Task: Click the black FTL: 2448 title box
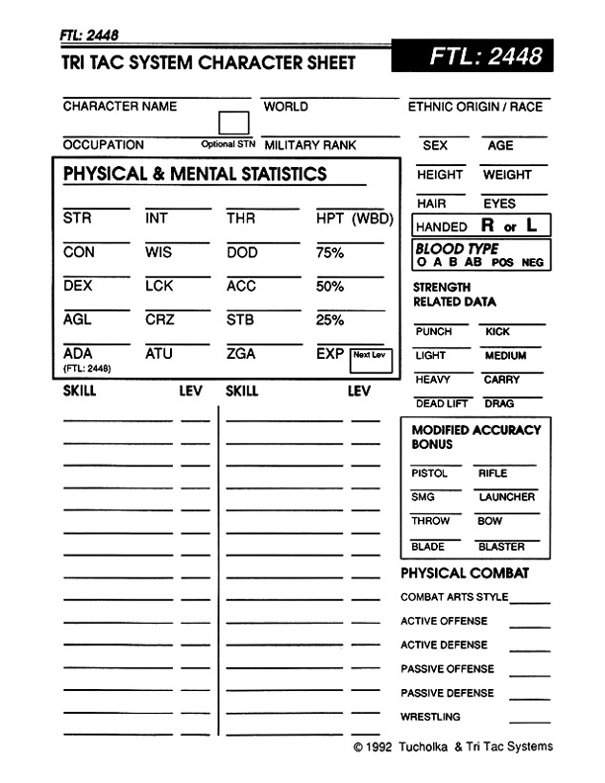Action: coord(485,56)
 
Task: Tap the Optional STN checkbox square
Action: coord(233,123)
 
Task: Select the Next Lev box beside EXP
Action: coord(372,360)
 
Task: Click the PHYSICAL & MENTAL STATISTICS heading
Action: coord(195,175)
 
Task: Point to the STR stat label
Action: coord(76,218)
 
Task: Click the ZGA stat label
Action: coord(240,353)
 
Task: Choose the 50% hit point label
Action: coord(329,286)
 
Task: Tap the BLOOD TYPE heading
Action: coord(457,249)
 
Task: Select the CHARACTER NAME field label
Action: coord(120,107)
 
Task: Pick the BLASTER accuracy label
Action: coord(501,547)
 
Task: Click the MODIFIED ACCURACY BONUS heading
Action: coord(475,437)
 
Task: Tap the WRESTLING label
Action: coord(430,717)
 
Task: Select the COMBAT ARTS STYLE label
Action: coord(455,597)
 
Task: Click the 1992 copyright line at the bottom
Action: coord(453,747)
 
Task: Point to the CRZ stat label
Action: coord(158,319)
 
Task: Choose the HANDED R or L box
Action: coord(480,226)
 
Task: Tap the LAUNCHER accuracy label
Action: coord(507,497)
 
